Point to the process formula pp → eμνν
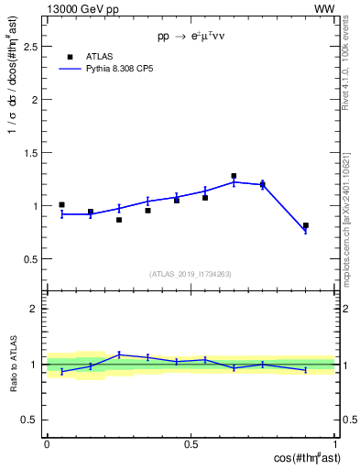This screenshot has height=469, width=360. click(191, 38)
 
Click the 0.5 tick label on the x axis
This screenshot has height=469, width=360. click(191, 444)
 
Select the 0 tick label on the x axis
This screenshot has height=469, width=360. click(47, 444)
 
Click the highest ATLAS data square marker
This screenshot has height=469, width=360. click(234, 176)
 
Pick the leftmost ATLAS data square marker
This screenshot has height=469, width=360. click(61, 205)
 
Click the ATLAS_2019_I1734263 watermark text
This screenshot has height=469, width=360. click(191, 274)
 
